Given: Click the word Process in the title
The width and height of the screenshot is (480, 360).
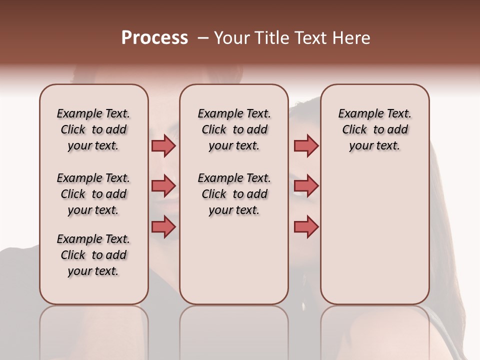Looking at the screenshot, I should click(x=154, y=38).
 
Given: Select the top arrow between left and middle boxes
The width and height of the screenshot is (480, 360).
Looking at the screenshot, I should click(x=163, y=145).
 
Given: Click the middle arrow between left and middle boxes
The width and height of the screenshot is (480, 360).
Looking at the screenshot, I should click(x=163, y=186).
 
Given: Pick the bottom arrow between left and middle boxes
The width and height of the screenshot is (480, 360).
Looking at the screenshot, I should click(x=163, y=226).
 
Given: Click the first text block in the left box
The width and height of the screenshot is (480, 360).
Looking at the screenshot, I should click(x=93, y=129).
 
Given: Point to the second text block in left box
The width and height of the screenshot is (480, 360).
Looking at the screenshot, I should click(x=93, y=194).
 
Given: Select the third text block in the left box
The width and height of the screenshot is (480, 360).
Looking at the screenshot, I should click(x=93, y=255).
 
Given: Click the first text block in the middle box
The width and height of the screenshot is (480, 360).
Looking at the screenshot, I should click(x=234, y=129).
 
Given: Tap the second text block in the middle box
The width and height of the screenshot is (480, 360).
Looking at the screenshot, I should click(x=234, y=194).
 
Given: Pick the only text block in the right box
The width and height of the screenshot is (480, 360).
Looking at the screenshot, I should click(x=375, y=129).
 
